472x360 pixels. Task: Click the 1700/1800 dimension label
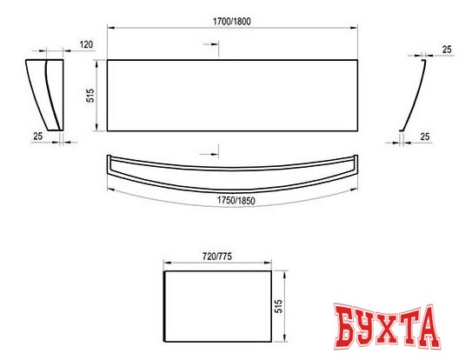pos(231,22)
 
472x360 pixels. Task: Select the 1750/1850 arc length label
pos(236,201)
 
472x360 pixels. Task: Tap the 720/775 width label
pos(217,257)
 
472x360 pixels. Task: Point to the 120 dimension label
pos(86,45)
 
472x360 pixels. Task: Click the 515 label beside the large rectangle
pos(90,96)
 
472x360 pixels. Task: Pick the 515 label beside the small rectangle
pos(279,306)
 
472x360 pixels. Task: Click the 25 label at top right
pos(447,50)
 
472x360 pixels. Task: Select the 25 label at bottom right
pos(425,137)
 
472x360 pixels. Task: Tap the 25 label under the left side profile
pos(38,137)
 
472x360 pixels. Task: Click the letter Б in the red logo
pos(348,326)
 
